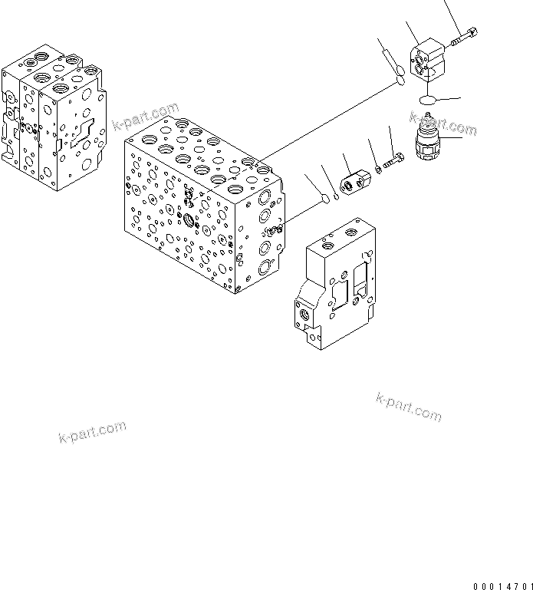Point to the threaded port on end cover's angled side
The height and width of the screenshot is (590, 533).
tap(305, 315)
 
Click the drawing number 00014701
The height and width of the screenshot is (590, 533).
tap(502, 587)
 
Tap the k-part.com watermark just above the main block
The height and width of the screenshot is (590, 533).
tap(145, 117)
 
